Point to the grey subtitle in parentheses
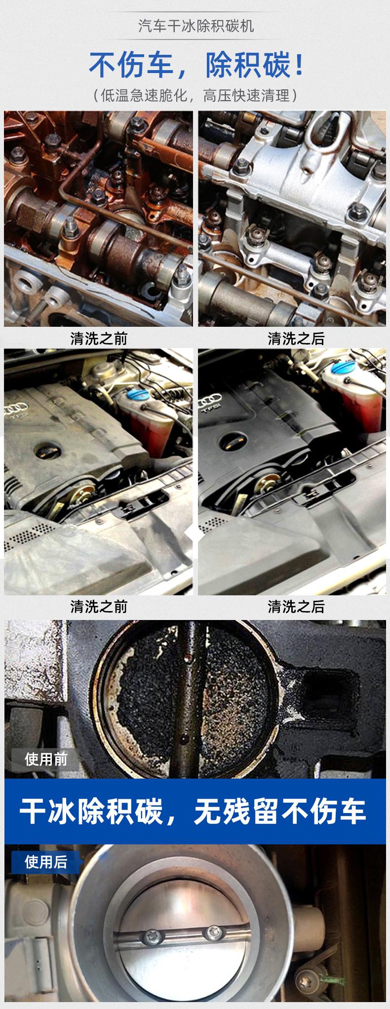coord(195,95)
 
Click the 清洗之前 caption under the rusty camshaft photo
coord(99,339)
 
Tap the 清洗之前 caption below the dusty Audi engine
coord(99,606)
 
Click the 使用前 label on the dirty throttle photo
coord(46,759)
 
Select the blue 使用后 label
coord(46,862)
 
